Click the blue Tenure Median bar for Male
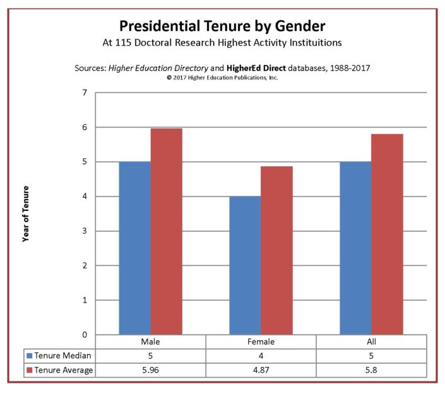tap(134, 248)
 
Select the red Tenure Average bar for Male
tap(166, 231)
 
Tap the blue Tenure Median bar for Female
tap(245, 265)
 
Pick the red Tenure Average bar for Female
tap(276, 250)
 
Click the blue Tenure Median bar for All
tap(355, 248)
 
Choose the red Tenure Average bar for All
tap(387, 234)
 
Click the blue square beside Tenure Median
tap(29, 356)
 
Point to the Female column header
tap(261, 342)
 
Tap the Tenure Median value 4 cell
tap(261, 356)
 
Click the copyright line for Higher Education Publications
tap(222, 78)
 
